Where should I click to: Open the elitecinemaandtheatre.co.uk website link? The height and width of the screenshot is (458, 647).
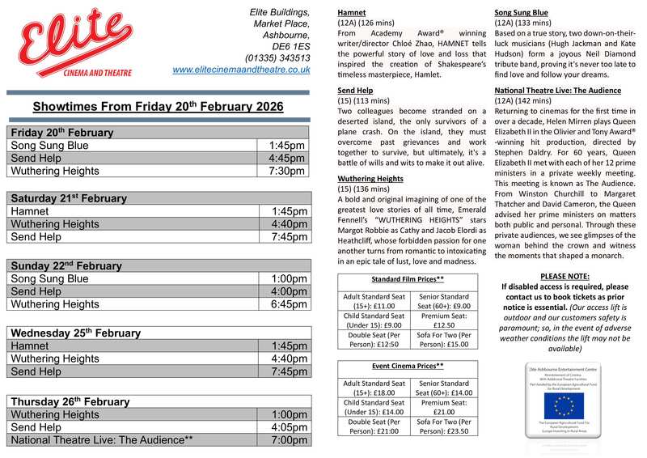click(241, 70)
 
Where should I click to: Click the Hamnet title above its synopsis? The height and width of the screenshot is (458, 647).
click(353, 12)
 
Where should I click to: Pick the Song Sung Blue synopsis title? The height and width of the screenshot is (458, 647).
click(522, 12)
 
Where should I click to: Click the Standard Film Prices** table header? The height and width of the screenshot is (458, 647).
click(408, 279)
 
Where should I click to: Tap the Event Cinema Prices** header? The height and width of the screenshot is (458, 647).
click(408, 367)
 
